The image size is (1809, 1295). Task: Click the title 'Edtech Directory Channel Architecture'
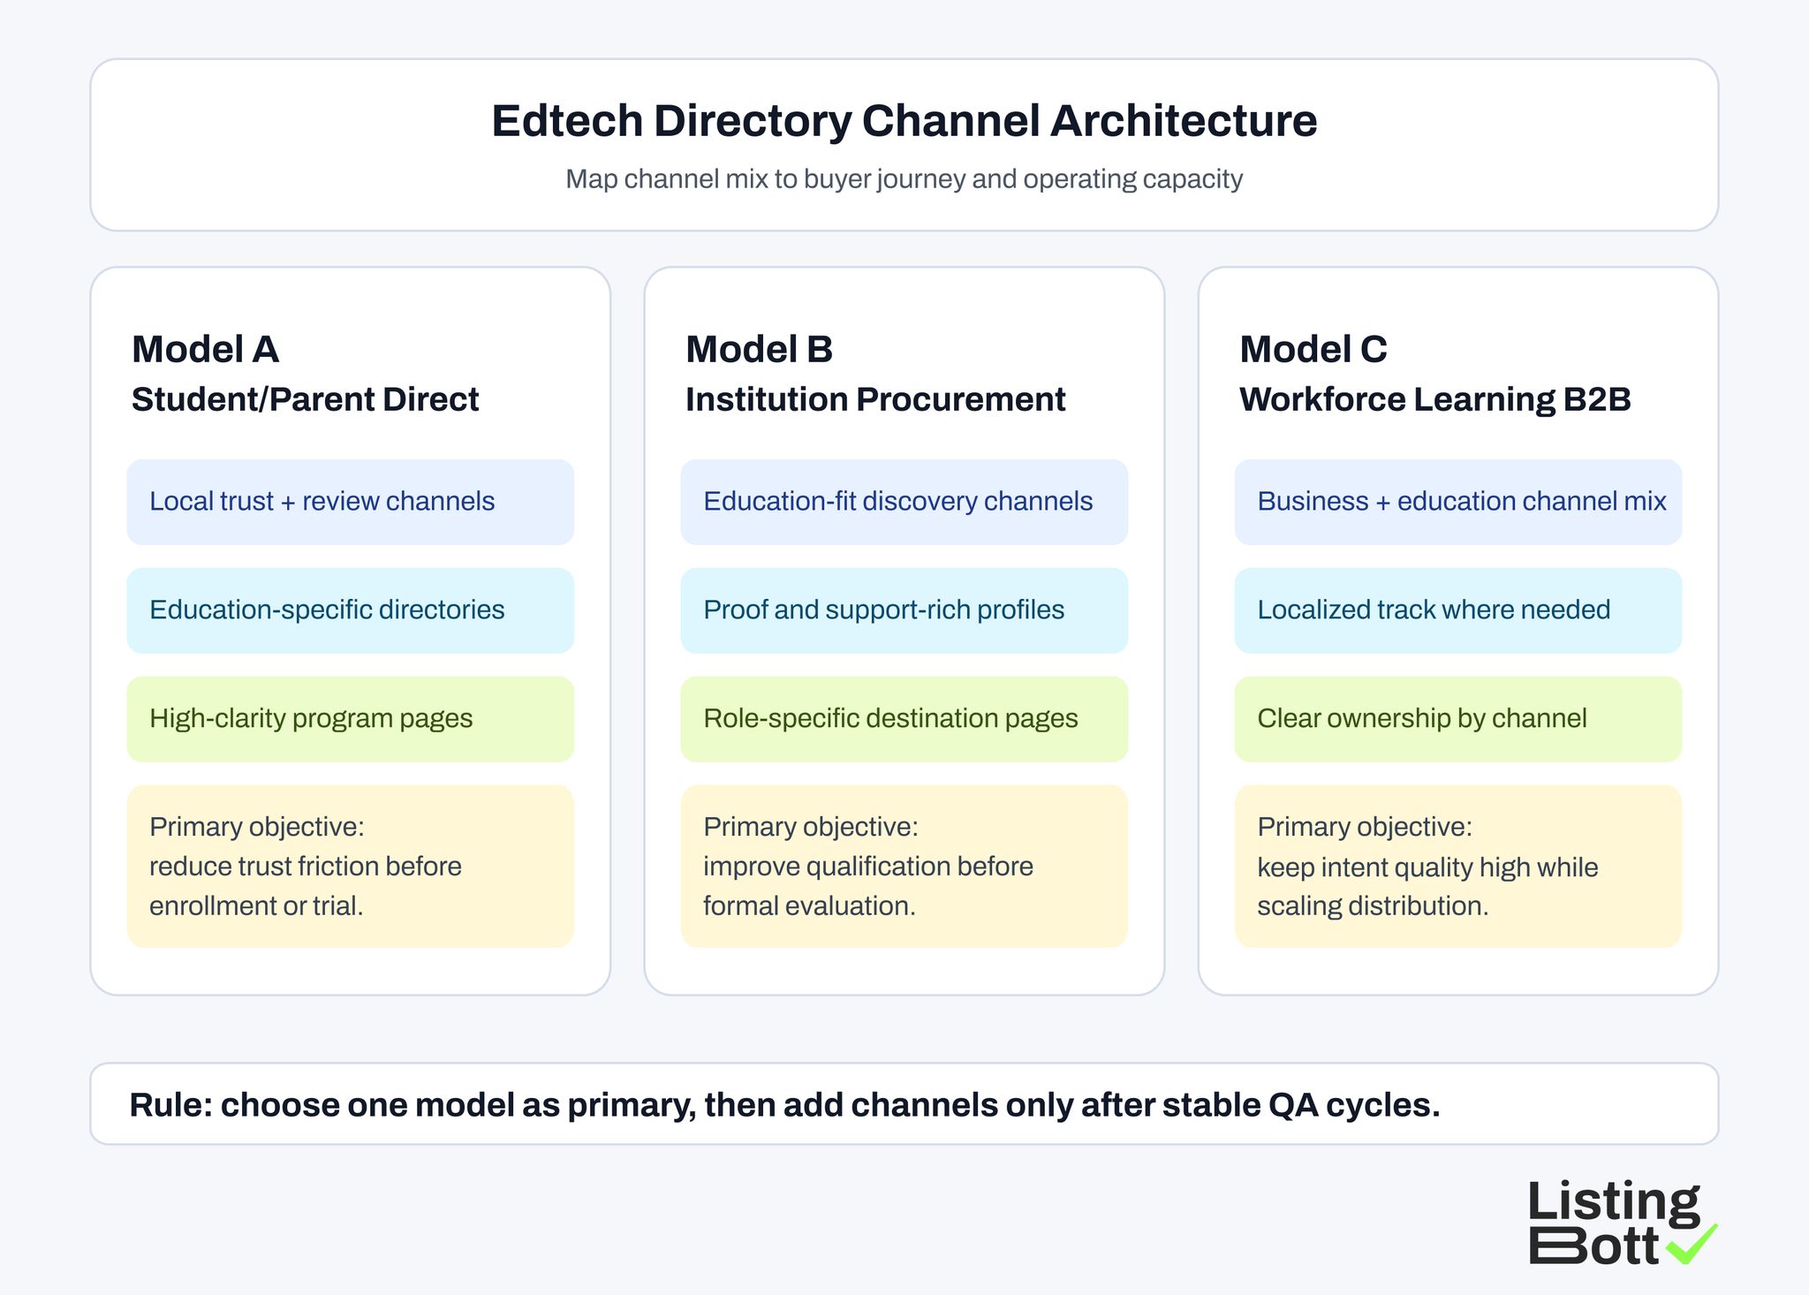(904, 121)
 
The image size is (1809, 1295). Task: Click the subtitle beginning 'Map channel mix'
(904, 179)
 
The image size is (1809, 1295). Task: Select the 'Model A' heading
(205, 350)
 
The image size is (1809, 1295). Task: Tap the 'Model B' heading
(759, 350)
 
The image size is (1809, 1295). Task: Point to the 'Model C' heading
(1313, 350)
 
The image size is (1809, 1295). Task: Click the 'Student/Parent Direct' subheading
(305, 400)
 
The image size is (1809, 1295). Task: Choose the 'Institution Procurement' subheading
(875, 400)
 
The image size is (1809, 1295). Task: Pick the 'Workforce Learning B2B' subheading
(1434, 400)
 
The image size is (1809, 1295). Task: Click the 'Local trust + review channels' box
(350, 502)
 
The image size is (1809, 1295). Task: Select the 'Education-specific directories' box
(350, 610)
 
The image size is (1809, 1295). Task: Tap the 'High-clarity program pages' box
(350, 719)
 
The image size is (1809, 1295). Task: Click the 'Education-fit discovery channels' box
(904, 502)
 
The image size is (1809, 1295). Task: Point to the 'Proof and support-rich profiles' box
(904, 610)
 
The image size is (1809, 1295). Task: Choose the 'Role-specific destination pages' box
(904, 719)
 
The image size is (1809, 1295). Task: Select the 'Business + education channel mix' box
(1457, 502)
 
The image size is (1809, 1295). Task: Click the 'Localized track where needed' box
(1457, 610)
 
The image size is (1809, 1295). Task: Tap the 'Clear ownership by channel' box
(1457, 719)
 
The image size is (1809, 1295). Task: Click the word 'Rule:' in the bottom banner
(170, 1105)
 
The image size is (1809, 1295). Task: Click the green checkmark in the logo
(1692, 1245)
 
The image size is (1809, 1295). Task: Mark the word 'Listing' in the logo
(1613, 1203)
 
